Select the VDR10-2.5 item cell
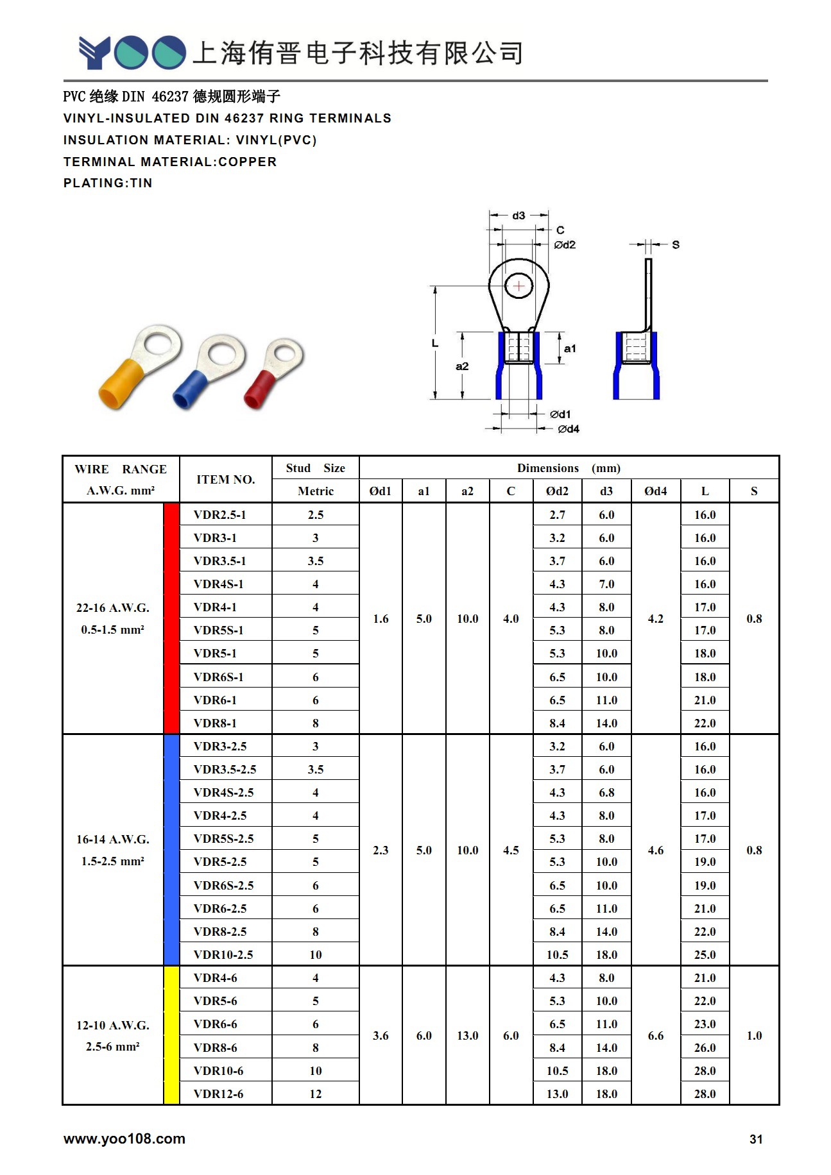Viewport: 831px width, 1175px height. (x=223, y=954)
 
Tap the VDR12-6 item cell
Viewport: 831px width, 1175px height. (x=218, y=1094)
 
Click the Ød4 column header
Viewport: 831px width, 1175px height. (x=655, y=491)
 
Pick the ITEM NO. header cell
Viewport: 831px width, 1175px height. (x=225, y=480)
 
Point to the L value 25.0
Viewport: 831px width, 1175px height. (x=705, y=954)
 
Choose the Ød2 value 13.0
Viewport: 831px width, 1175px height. (x=557, y=1094)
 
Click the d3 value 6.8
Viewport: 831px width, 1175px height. (x=606, y=793)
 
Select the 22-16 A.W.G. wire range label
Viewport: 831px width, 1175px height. (x=113, y=608)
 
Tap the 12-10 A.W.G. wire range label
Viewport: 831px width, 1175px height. (x=113, y=1025)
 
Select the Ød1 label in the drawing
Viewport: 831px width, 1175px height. (x=560, y=414)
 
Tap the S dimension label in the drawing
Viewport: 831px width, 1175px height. (x=676, y=244)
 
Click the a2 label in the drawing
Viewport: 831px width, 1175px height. (x=462, y=366)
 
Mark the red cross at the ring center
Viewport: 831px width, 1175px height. (x=519, y=286)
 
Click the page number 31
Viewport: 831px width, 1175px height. (x=756, y=1139)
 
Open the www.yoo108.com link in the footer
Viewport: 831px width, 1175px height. (x=124, y=1138)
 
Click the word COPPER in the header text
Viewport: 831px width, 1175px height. (x=248, y=162)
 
